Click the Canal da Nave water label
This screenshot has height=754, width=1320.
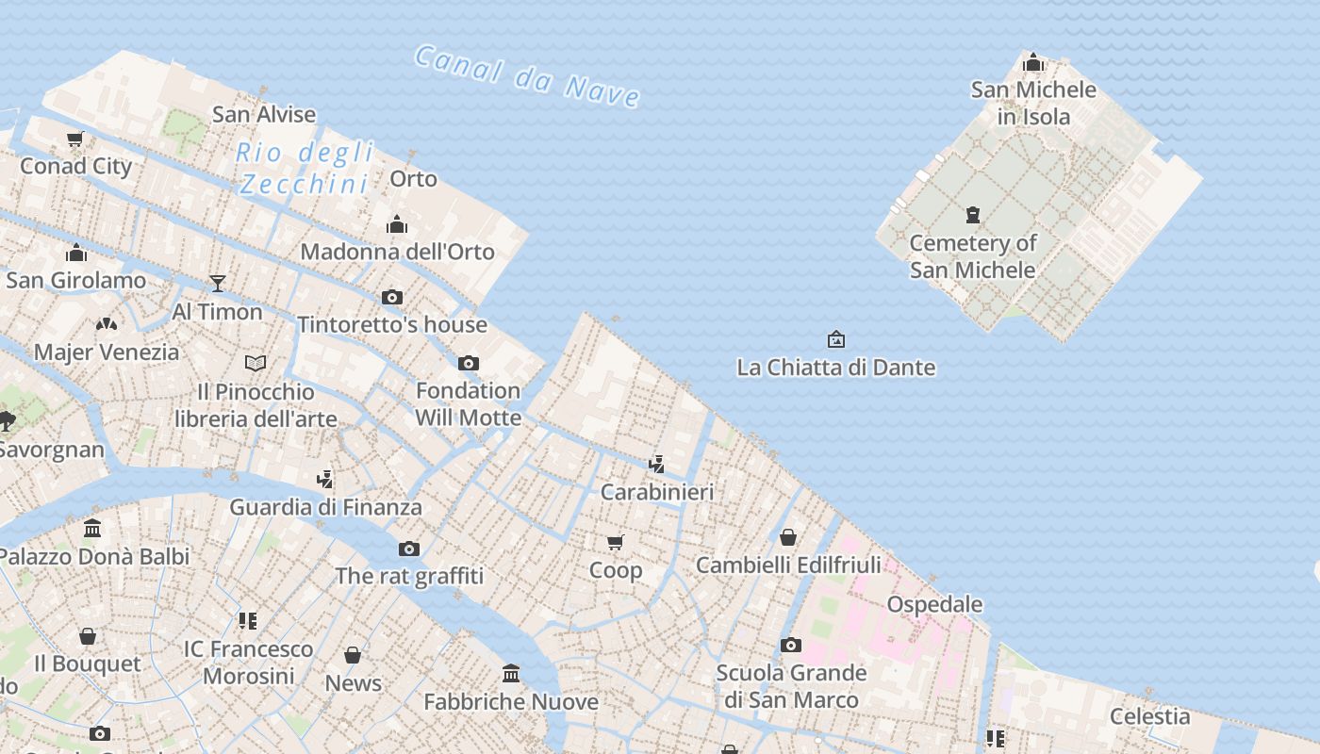[528, 74]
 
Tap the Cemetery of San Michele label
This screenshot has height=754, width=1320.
[972, 256]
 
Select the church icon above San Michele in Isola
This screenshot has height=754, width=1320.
[1033, 63]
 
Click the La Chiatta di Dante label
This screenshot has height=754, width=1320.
[835, 368]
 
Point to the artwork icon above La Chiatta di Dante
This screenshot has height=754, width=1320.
[835, 339]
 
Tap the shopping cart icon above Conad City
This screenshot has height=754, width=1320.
[75, 139]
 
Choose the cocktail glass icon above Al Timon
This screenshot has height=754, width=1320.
[218, 283]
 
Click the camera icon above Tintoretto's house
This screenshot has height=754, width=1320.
[392, 298]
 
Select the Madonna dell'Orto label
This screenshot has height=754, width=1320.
[397, 252]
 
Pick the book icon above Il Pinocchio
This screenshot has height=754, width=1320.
[256, 363]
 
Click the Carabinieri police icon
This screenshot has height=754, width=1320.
[657, 464]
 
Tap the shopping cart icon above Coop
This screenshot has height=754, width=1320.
[616, 542]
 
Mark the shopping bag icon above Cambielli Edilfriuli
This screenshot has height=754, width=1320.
[788, 537]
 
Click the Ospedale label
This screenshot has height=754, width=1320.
[934, 604]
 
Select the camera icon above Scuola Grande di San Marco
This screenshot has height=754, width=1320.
[791, 646]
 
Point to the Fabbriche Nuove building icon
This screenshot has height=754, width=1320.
[511, 673]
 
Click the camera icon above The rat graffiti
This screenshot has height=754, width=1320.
[408, 549]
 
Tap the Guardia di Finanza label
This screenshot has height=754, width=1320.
[325, 507]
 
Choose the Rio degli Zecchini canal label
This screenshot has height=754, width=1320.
[305, 168]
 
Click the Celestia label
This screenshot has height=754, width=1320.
[1149, 716]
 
